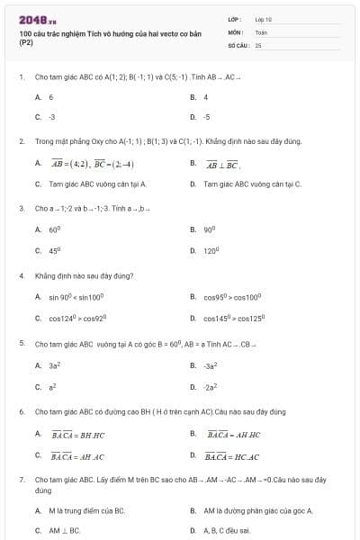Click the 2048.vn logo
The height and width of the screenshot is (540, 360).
(37, 19)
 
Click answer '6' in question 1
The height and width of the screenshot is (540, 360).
(51, 97)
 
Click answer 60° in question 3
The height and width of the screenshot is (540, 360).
(54, 229)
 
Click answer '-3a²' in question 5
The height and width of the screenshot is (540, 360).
(211, 365)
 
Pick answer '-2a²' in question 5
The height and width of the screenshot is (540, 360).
(211, 386)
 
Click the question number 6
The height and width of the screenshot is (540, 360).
(21, 411)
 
